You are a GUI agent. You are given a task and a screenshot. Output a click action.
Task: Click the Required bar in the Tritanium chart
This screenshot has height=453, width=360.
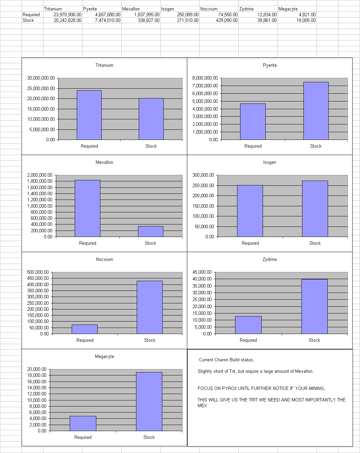pos(89,115)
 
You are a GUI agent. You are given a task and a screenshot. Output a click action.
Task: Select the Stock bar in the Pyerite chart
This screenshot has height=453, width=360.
pos(316,111)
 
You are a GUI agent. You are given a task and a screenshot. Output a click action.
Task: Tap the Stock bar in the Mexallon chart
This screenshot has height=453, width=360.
pos(151,231)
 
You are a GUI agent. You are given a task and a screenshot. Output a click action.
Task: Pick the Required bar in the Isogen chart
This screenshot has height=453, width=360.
pos(250,211)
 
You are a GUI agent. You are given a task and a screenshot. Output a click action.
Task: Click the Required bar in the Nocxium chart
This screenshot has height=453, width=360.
pos(85,329)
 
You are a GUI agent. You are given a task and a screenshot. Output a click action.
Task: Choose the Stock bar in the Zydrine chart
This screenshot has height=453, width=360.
pos(314,306)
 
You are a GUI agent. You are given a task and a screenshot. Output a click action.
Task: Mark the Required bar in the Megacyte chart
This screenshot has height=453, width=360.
pos(83,423)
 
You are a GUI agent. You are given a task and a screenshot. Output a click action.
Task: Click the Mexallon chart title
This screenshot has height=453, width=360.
pos(104,162)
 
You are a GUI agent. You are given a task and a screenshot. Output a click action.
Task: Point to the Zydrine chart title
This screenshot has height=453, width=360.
pos(270,260)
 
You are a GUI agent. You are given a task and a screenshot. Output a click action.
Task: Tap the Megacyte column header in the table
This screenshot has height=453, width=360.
pos(288,9)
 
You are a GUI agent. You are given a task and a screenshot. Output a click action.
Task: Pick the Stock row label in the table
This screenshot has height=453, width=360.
pos(28,21)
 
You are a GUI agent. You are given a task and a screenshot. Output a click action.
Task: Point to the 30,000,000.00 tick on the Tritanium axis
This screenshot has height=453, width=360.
pos(41,78)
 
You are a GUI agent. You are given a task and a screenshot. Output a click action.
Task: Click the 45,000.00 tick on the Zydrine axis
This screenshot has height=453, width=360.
pos(202,272)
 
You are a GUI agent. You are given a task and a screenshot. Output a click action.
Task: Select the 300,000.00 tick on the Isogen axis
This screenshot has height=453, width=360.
pos(203,175)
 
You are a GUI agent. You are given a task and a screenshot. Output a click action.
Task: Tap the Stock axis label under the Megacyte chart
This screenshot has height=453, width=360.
pos(149,437)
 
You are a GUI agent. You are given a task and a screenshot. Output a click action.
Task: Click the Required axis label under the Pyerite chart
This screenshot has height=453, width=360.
pos(253,146)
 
